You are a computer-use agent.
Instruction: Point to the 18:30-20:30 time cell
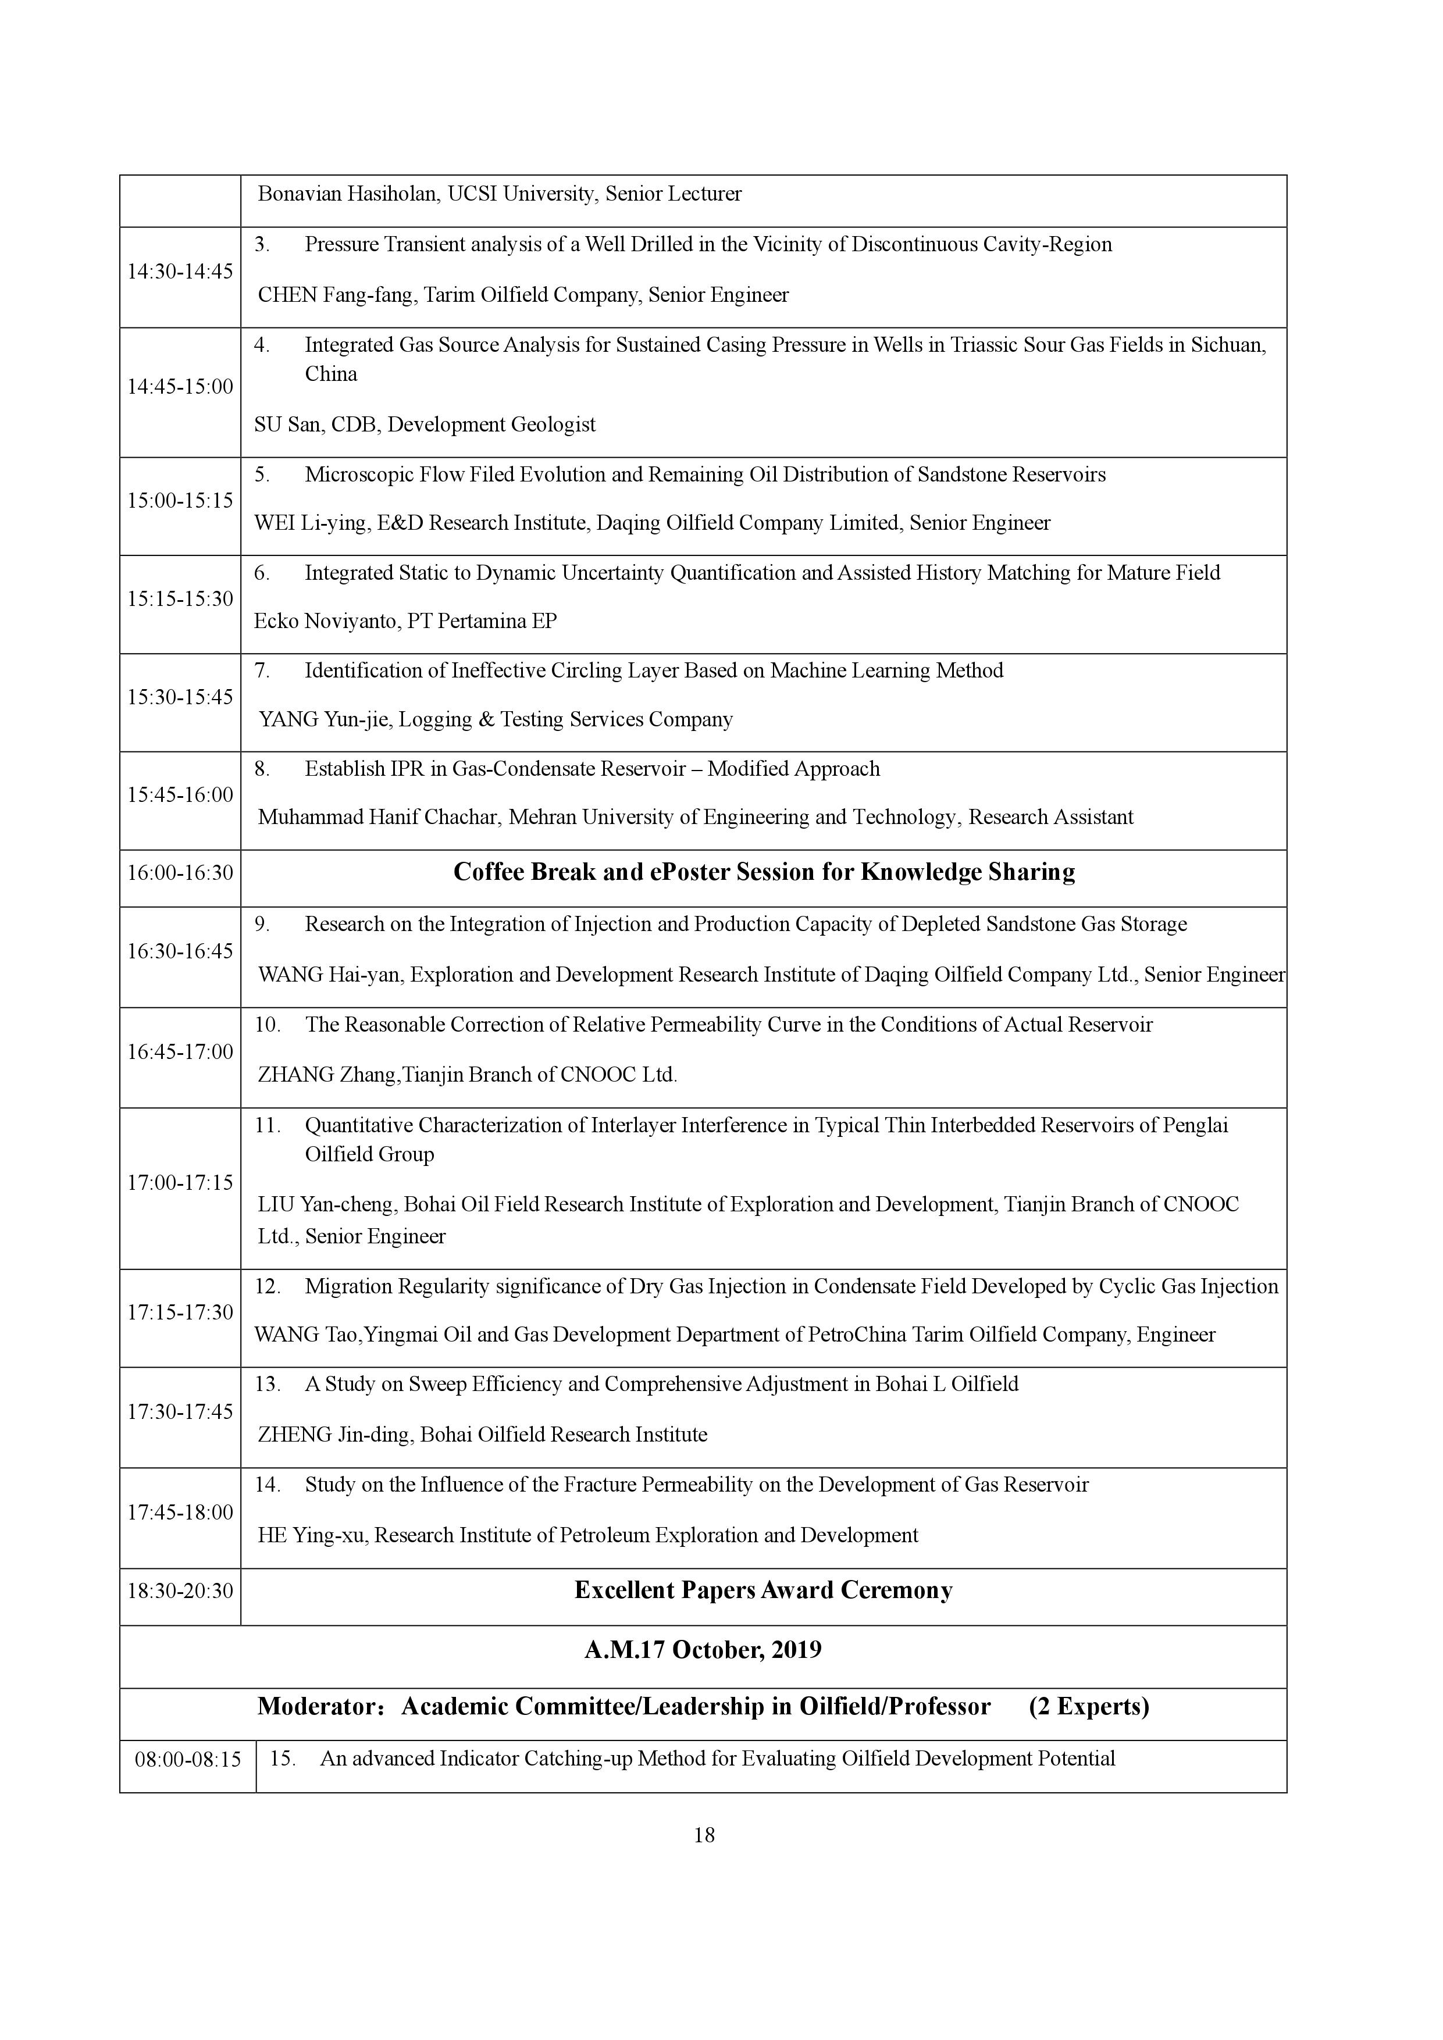pos(180,1590)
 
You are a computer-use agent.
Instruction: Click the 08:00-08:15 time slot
pos(187,1759)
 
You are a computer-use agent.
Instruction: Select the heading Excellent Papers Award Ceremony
pos(763,1590)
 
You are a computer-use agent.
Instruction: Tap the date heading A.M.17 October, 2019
pos(703,1650)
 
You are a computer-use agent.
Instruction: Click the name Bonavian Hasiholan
pos(347,194)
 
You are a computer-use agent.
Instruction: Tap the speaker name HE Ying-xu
pos(311,1535)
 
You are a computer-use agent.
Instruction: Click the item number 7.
pos(262,671)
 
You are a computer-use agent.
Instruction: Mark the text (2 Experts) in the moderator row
pos(1088,1707)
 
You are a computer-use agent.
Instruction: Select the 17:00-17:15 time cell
pos(180,1183)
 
